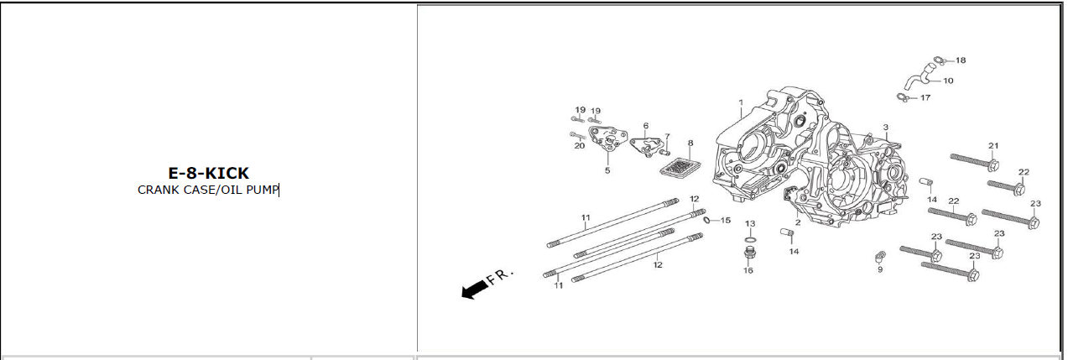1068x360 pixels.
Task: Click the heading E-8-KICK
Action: pyautogui.click(x=208, y=173)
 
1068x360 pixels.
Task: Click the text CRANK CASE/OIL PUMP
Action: pyautogui.click(x=208, y=190)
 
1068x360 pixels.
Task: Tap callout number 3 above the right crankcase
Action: pyautogui.click(x=885, y=128)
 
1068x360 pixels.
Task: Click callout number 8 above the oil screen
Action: pyautogui.click(x=690, y=143)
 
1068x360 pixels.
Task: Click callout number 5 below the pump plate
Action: pyautogui.click(x=607, y=170)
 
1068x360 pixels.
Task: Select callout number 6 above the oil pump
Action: pyautogui.click(x=646, y=126)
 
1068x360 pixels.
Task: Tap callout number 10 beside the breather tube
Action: pyautogui.click(x=948, y=81)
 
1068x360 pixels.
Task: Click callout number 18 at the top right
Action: pyautogui.click(x=961, y=60)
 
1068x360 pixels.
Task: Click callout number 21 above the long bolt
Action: pyautogui.click(x=993, y=146)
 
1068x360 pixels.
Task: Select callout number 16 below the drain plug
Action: pyautogui.click(x=748, y=270)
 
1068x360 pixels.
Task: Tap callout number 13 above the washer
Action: pyautogui.click(x=750, y=224)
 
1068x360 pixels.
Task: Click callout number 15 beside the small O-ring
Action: pyautogui.click(x=726, y=221)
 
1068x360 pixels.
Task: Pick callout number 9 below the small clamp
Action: pyautogui.click(x=880, y=269)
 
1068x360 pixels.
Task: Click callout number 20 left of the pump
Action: pyautogui.click(x=580, y=146)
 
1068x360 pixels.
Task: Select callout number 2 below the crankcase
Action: pyautogui.click(x=798, y=222)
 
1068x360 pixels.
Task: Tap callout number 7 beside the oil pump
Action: pyautogui.click(x=667, y=136)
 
